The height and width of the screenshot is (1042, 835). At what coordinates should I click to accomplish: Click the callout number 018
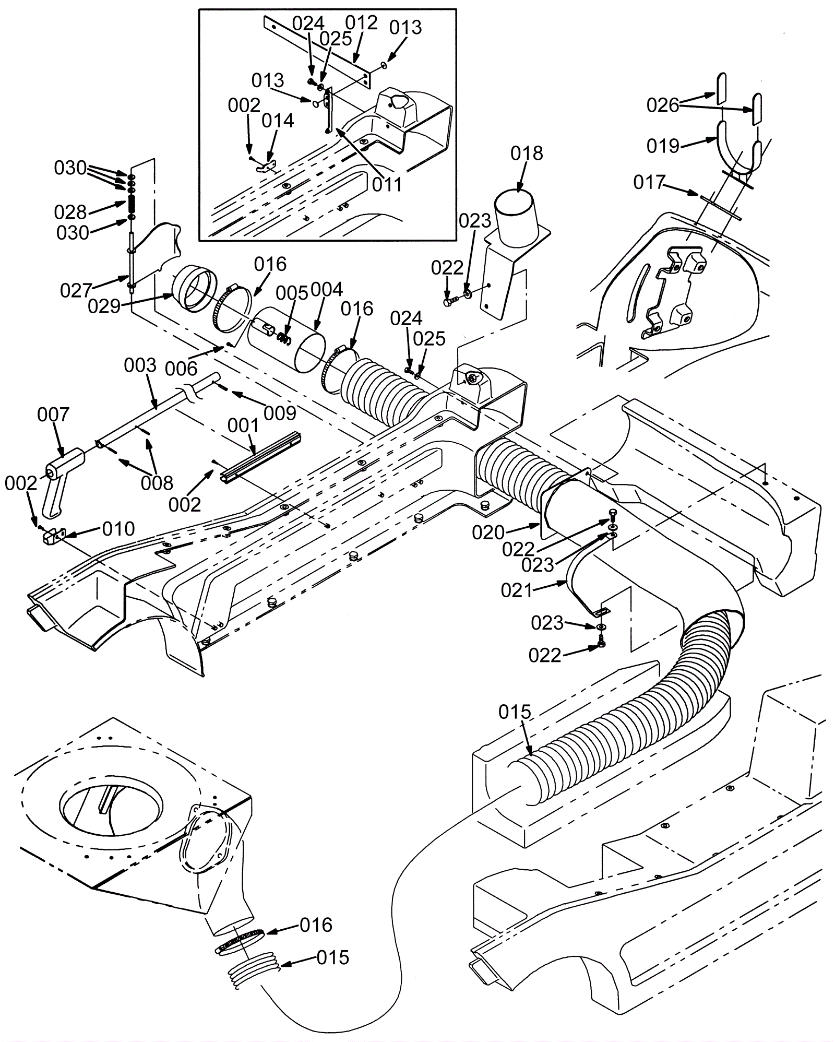coord(527,153)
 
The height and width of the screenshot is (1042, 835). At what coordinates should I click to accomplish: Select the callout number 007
coord(53,415)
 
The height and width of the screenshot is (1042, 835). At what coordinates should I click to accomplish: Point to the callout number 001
coord(243,426)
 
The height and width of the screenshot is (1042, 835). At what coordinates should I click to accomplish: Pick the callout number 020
coord(488,532)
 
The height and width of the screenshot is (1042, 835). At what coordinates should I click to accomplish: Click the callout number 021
coord(517,590)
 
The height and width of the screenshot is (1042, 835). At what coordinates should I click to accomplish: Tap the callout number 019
coord(663,146)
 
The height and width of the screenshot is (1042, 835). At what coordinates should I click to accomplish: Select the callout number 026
coord(663,105)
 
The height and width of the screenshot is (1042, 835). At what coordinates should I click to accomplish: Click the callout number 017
coord(650,183)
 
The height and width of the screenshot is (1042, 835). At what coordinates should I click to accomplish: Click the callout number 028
coord(70,212)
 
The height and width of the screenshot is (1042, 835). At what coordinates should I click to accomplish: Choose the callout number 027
coord(76,290)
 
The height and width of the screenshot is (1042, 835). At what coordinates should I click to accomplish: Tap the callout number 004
coord(327,290)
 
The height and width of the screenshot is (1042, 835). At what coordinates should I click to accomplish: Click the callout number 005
coord(292,293)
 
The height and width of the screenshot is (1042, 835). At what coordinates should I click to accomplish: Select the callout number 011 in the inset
coord(387,184)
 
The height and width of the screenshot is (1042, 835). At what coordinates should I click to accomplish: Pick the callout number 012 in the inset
coord(361,23)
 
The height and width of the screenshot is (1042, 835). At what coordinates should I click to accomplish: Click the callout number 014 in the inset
coord(278,121)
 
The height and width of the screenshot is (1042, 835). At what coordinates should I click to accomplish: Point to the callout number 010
coord(118,529)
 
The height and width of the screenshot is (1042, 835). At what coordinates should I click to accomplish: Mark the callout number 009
coord(280,413)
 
